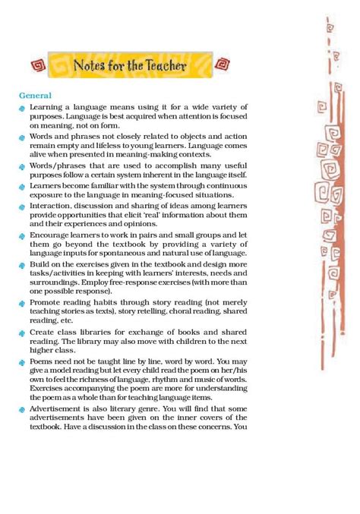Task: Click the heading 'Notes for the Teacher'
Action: pyautogui.click(x=129, y=67)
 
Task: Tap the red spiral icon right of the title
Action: pyautogui.click(x=222, y=66)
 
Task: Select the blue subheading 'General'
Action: pyautogui.click(x=36, y=96)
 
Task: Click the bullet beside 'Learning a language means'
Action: pyautogui.click(x=23, y=109)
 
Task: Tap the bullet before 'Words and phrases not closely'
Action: pyautogui.click(x=23, y=136)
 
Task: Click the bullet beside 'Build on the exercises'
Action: pyautogui.click(x=23, y=265)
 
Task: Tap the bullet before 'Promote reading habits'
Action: pyautogui.click(x=23, y=303)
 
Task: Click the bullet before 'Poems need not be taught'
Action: pyautogui.click(x=23, y=363)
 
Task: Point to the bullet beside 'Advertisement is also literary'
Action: pyautogui.click(x=23, y=410)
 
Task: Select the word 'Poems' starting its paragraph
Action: pyautogui.click(x=43, y=362)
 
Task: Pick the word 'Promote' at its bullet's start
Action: pyautogui.click(x=47, y=302)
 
